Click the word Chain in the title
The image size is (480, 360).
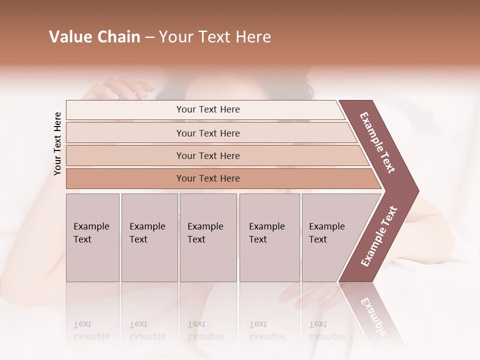pyautogui.click(x=118, y=37)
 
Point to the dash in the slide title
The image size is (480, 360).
pyautogui.click(x=149, y=37)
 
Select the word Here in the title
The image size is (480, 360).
pyautogui.click(x=252, y=37)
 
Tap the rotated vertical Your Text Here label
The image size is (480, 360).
pyautogui.click(x=57, y=143)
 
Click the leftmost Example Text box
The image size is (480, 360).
pyautogui.click(x=92, y=237)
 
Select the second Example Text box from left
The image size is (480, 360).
pyautogui.click(x=149, y=237)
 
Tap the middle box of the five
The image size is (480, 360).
pyautogui.click(x=208, y=237)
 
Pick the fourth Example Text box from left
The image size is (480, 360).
pyautogui.click(x=269, y=237)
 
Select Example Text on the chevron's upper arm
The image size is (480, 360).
pyautogui.click(x=377, y=142)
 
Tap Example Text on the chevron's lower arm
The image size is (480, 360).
pyautogui.click(x=378, y=236)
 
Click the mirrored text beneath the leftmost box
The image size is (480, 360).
pyautogui.click(x=91, y=330)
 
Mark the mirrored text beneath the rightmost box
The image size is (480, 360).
pyautogui.click(x=326, y=330)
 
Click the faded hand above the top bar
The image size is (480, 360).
pyautogui.click(x=117, y=89)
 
